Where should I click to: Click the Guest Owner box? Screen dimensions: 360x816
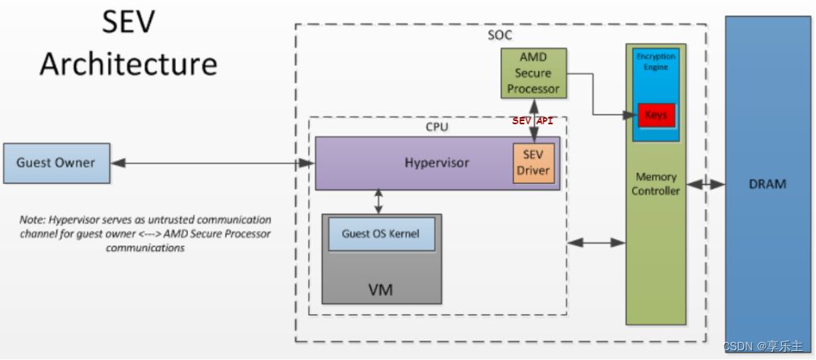(56, 163)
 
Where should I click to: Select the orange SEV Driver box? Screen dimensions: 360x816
(534, 163)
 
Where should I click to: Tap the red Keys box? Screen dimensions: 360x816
(655, 115)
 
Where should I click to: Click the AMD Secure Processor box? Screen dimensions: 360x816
(533, 73)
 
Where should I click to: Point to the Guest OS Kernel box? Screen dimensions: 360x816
(381, 233)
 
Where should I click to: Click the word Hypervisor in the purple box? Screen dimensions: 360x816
(437, 163)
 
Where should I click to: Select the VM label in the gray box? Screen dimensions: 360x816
(380, 289)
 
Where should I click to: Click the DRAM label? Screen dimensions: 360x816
(767, 184)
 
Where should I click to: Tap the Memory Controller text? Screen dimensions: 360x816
(656, 183)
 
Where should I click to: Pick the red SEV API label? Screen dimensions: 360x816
(533, 121)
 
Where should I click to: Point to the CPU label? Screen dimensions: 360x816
(437, 127)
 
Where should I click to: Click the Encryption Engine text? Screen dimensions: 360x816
(655, 62)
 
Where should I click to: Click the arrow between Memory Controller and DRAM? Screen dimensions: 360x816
(705, 184)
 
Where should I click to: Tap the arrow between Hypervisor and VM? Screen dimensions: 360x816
(378, 201)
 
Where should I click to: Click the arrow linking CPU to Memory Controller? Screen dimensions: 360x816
(596, 241)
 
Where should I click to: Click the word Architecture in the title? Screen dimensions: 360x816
(128, 64)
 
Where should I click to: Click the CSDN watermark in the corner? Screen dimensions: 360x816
(767, 346)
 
